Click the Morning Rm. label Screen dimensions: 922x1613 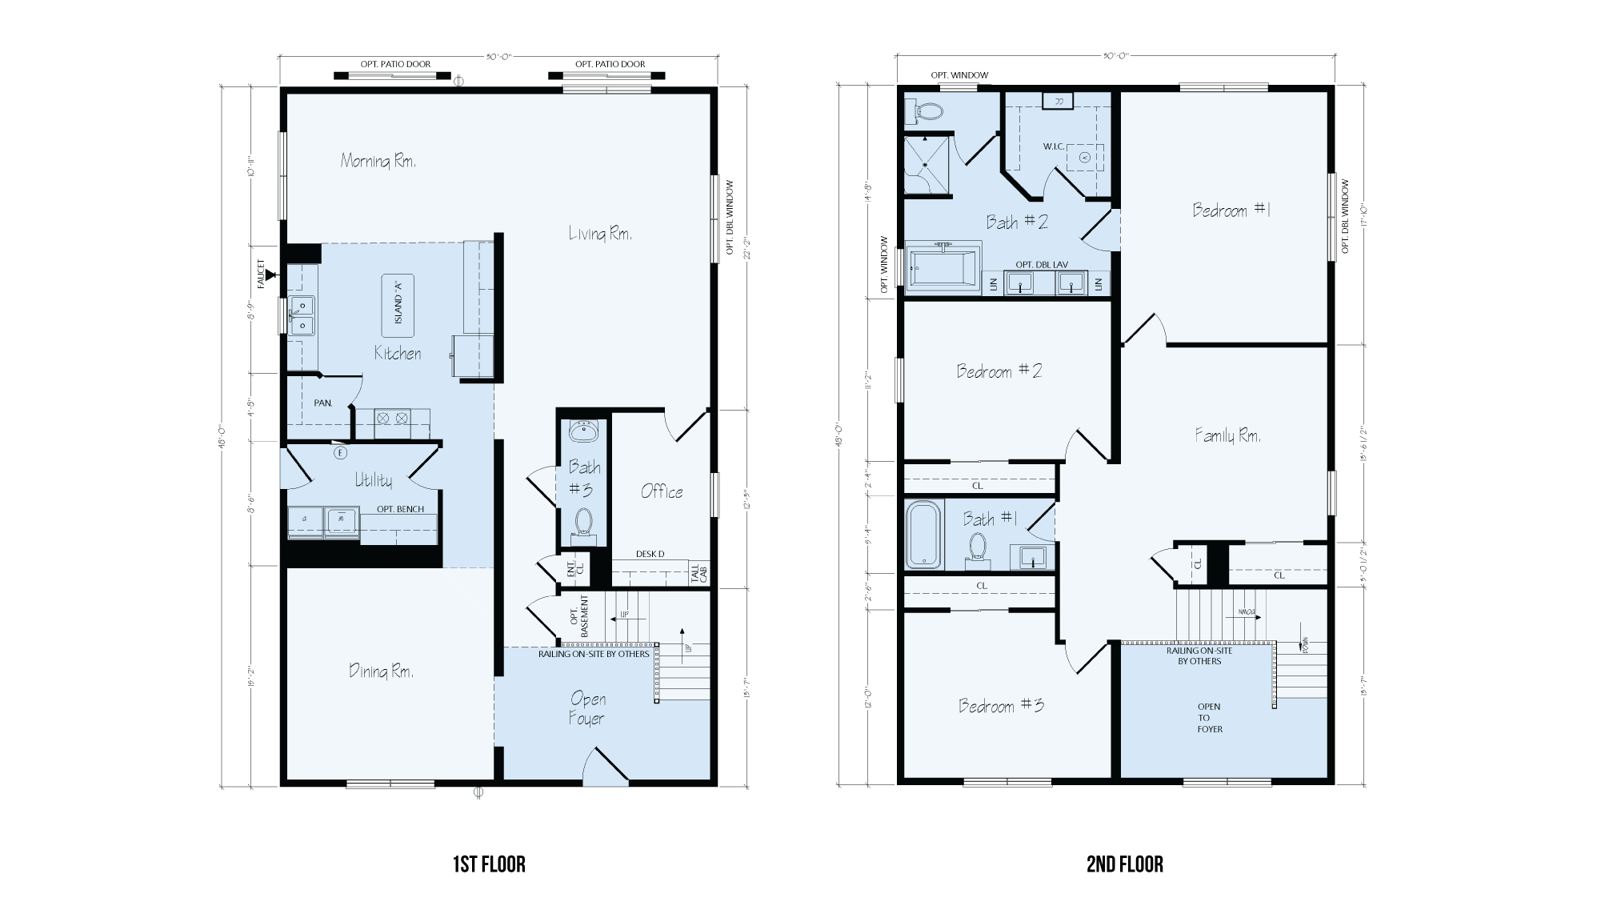click(378, 161)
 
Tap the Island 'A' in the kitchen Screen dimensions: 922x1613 click(398, 307)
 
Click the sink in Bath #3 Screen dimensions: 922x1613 click(582, 433)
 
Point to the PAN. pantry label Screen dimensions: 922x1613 click(322, 403)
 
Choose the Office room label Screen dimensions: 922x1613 click(662, 491)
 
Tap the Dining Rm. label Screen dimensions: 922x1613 click(381, 671)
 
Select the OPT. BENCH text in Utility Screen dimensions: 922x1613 click(401, 509)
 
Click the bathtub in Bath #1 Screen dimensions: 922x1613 click(923, 534)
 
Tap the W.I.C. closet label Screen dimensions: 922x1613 click(1053, 146)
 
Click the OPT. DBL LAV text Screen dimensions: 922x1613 click(1042, 264)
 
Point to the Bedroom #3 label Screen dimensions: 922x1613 click(1001, 706)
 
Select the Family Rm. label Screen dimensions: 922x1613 click(1227, 435)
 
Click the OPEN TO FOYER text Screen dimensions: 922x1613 click(1209, 718)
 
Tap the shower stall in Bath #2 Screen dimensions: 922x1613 click(927, 165)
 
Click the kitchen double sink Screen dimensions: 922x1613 click(302, 314)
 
